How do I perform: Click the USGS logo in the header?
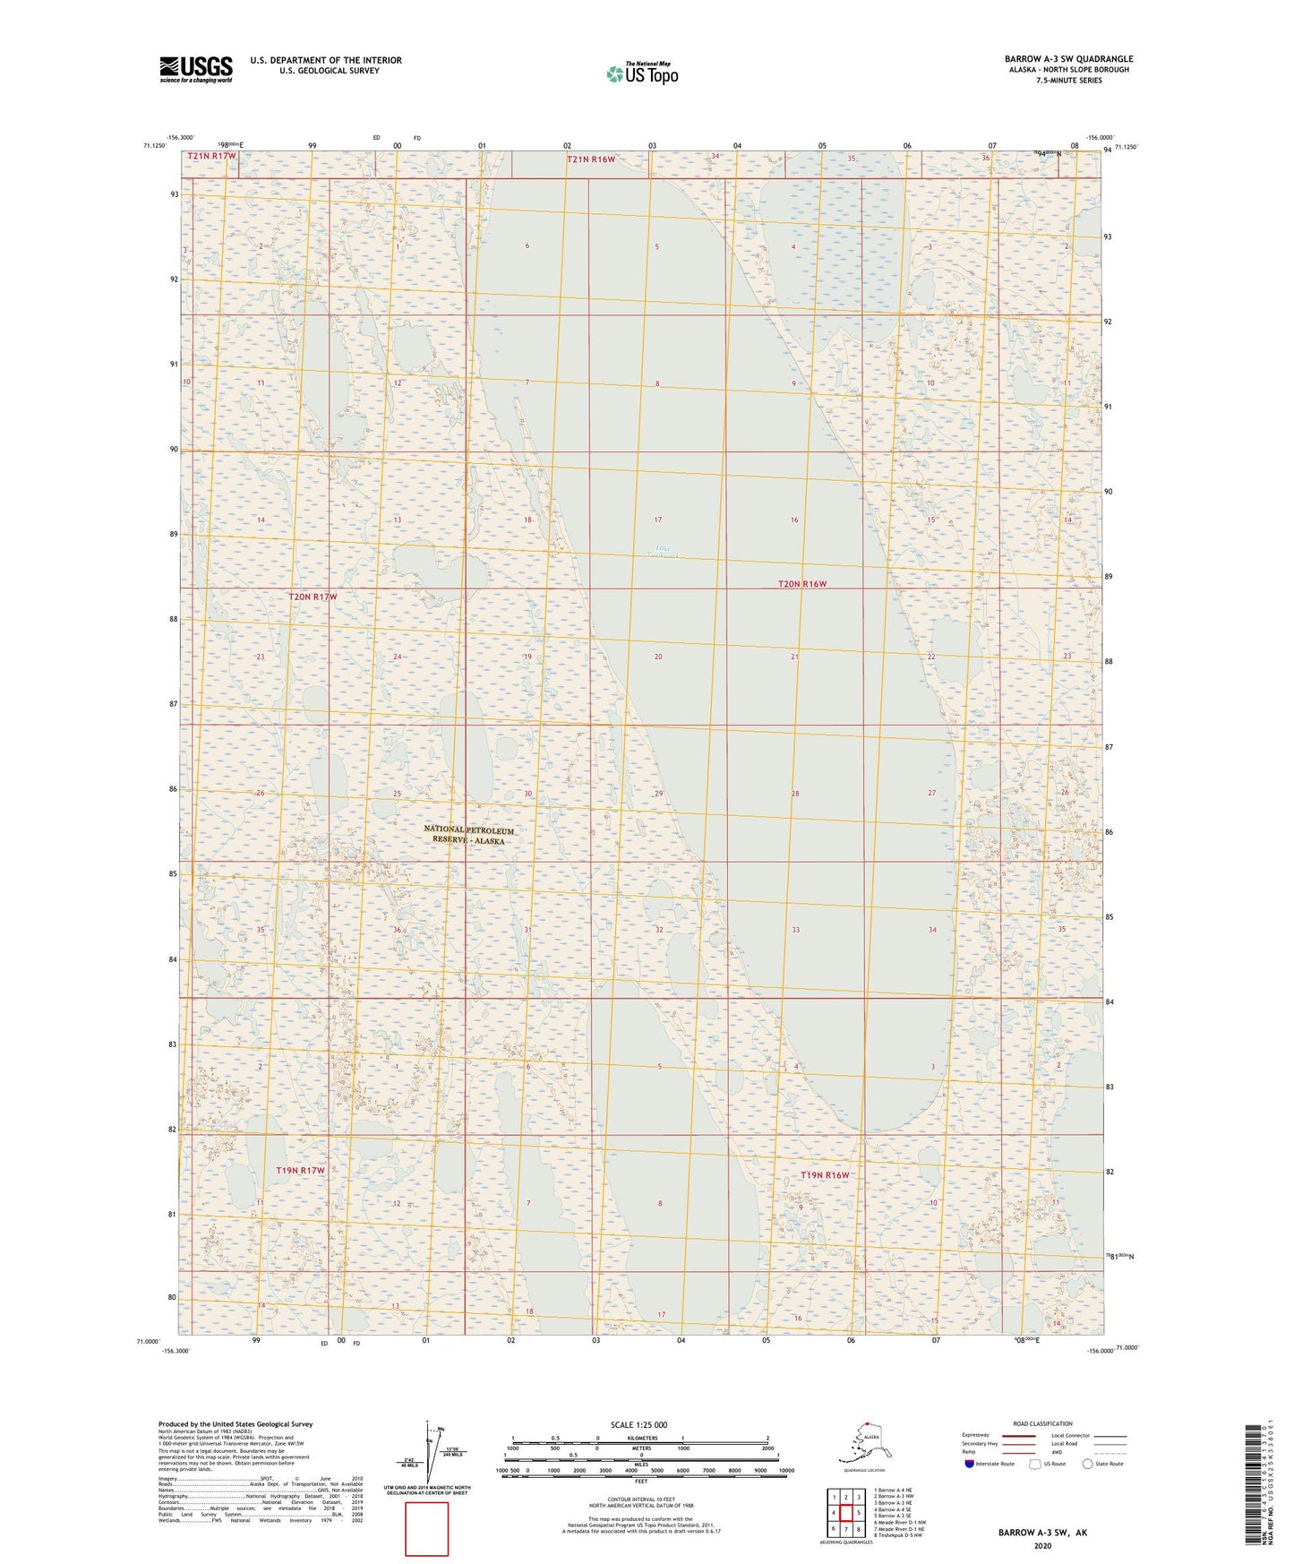tap(195, 69)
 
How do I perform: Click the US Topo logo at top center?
tap(641, 73)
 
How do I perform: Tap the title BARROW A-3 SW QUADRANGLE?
tap(1068, 59)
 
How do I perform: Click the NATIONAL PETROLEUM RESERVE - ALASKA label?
tap(468, 835)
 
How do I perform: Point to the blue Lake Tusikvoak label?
tap(662, 552)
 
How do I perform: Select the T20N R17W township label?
tap(313, 597)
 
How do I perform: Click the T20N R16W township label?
tap(801, 584)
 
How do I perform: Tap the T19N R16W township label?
tap(824, 1174)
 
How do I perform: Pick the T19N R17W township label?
tap(300, 1171)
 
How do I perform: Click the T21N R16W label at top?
tap(591, 159)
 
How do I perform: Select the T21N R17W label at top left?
tap(212, 156)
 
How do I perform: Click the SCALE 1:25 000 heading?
tap(638, 1424)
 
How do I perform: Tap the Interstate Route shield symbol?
tap(969, 1464)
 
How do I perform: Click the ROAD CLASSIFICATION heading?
tap(1042, 1423)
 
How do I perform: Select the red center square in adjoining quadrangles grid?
tap(845, 1513)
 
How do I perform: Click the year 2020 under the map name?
tap(1042, 1545)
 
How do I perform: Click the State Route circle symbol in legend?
tap(1088, 1464)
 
